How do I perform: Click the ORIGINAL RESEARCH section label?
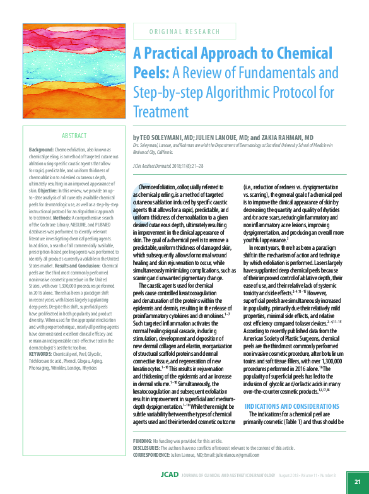pos(184,31)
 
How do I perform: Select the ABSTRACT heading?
pos(74,136)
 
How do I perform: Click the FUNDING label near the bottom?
pos(143,440)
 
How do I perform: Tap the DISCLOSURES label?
pos(147,447)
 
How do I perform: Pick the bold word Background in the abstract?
pos(41,149)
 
